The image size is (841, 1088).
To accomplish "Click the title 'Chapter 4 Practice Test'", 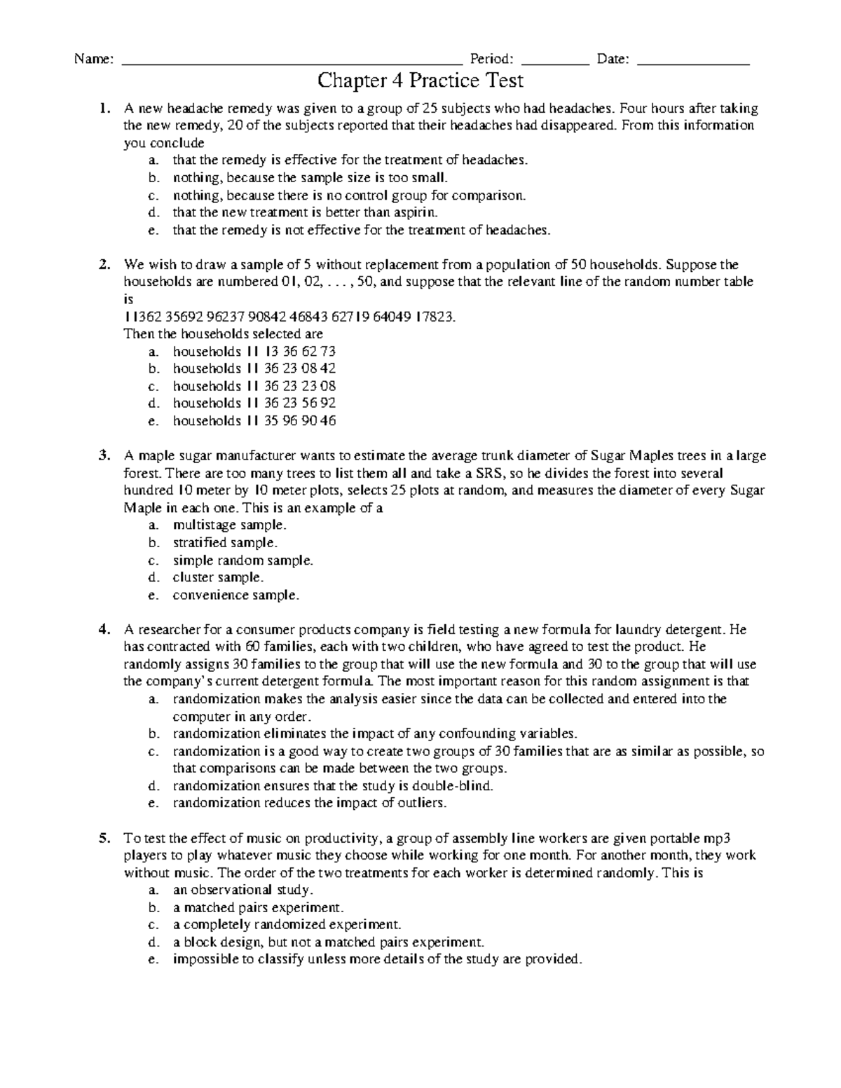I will click(x=420, y=81).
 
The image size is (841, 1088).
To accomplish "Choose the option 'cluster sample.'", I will click(x=218, y=578).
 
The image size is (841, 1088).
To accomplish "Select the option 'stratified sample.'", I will click(x=225, y=543).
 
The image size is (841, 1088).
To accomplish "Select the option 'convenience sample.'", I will click(x=235, y=595).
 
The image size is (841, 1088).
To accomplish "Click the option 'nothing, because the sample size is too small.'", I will click(x=309, y=178).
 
